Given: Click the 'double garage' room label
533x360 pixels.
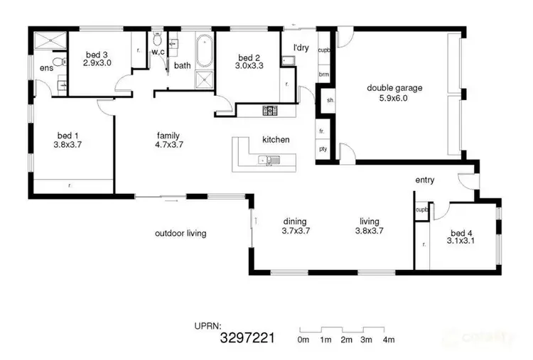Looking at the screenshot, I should click(x=394, y=88).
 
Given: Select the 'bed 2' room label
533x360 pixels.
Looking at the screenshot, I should click(x=247, y=58).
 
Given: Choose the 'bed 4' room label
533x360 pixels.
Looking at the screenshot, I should click(x=461, y=233).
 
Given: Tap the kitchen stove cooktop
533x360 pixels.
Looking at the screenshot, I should click(x=270, y=110).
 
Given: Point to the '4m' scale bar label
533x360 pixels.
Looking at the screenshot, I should click(x=388, y=341).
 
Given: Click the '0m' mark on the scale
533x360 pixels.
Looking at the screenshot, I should click(x=303, y=341).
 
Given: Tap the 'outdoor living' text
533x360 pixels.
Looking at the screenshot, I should click(x=181, y=233).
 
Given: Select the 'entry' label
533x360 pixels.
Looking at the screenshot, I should click(x=424, y=180).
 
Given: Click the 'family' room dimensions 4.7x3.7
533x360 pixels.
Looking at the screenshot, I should click(x=168, y=144).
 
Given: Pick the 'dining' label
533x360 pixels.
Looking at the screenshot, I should click(x=294, y=221).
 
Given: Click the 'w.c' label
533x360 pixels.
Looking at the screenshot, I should click(x=158, y=51).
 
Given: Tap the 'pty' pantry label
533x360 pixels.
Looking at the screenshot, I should click(x=323, y=148).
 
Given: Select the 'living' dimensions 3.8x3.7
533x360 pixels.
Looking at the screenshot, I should click(x=369, y=230).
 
